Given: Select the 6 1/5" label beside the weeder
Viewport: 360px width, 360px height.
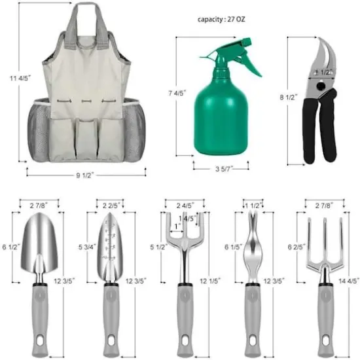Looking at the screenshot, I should pyautogui.click(x=230, y=247).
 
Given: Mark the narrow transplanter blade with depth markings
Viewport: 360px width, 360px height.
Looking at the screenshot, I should pyautogui.click(x=110, y=245).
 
